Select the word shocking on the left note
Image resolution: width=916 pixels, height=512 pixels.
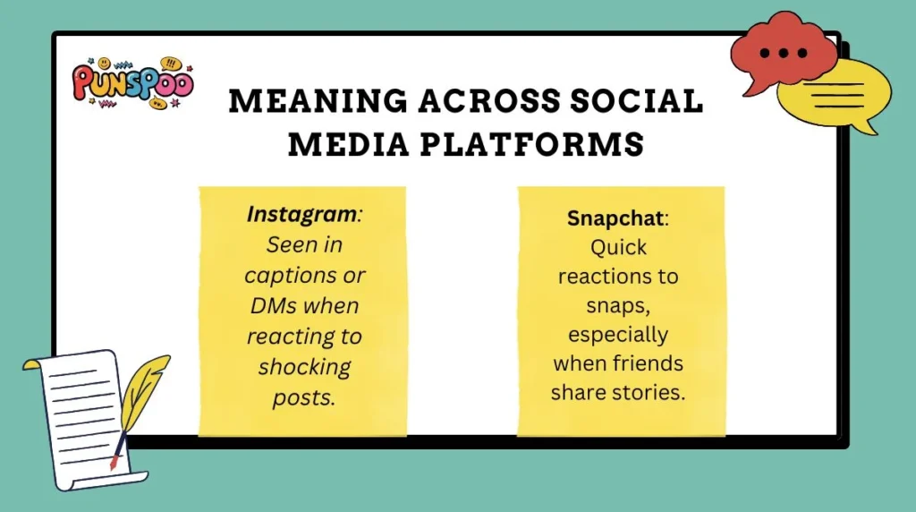pos(303,367)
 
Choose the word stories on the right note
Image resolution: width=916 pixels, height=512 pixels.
pos(654,392)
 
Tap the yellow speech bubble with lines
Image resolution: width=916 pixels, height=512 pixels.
pos(837,95)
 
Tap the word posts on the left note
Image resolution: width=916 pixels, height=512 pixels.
pos(303,397)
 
